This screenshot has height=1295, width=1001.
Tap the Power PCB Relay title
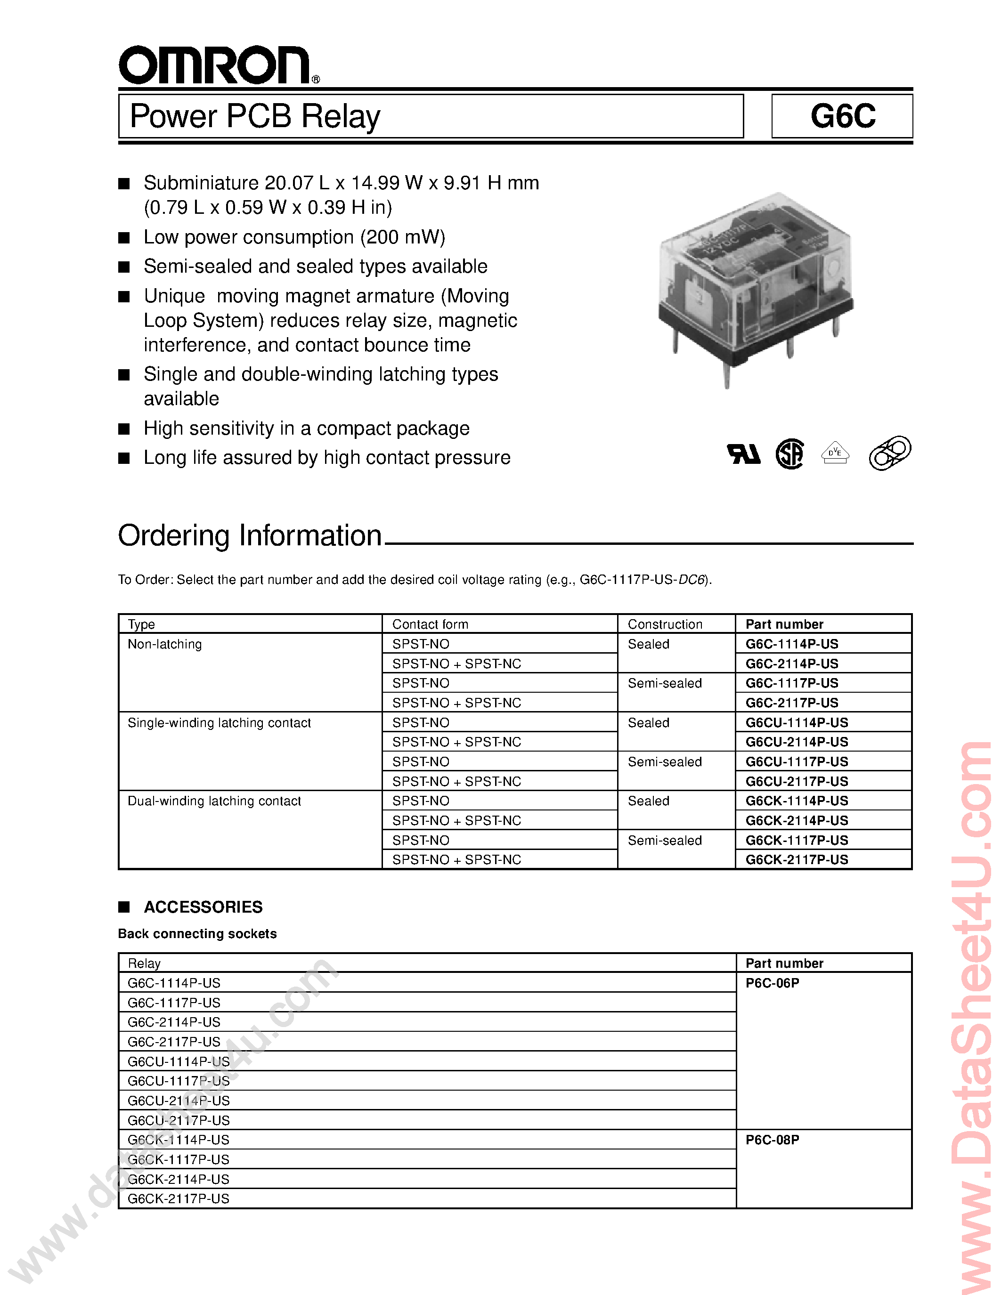pos(255,116)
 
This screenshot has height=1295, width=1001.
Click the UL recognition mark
pos(744,454)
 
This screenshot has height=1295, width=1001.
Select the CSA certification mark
pos(790,454)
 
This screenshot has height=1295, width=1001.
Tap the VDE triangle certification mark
pos(835,453)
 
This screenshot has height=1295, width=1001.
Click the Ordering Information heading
pos(250,535)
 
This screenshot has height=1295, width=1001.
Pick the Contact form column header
pos(430,624)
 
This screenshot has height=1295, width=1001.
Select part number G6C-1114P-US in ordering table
pos(792,644)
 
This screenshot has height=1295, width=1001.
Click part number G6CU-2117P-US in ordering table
pos(797,782)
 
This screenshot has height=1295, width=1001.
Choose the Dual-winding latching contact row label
pos(214,801)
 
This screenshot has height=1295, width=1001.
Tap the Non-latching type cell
pos(165,644)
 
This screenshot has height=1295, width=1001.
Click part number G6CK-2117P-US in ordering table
pos(797,860)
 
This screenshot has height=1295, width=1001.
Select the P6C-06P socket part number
pos(772,983)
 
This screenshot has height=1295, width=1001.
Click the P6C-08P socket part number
pos(772,1140)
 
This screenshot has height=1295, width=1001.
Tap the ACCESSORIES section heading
pos(203,907)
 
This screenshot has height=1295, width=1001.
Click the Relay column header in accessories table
pos(144,963)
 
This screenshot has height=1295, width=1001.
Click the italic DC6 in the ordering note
pos(690,580)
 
